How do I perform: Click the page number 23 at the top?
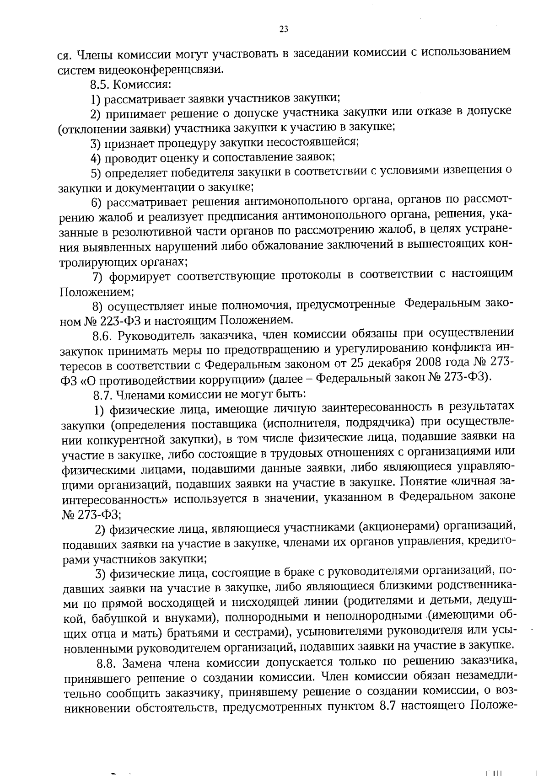pos(283,29)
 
